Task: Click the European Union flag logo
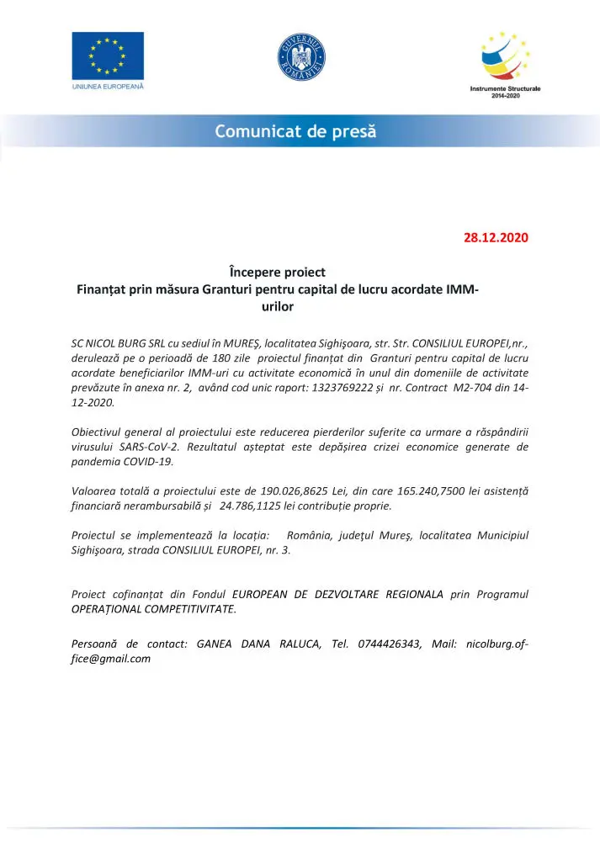pyautogui.click(x=107, y=56)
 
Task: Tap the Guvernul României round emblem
pyautogui.click(x=300, y=58)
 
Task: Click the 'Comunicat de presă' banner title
pyautogui.click(x=295, y=131)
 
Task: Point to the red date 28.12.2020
pyautogui.click(x=496, y=237)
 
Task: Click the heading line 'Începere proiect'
pyautogui.click(x=277, y=273)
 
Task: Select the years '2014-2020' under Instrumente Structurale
pyautogui.click(x=505, y=96)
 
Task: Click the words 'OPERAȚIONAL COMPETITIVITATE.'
pyautogui.click(x=154, y=610)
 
